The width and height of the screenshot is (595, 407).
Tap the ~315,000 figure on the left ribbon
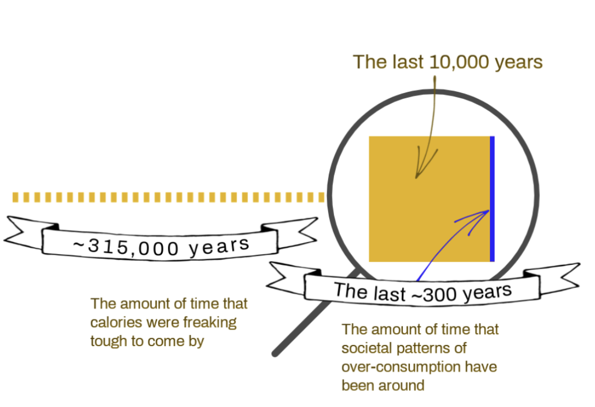coord(125,247)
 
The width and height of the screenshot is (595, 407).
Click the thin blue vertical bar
coord(492,199)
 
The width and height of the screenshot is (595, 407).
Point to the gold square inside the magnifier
coord(430,199)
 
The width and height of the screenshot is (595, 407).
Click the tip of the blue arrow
coord(489,210)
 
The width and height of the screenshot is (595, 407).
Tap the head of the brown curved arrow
coord(416,178)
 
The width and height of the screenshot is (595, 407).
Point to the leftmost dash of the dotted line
coord(15,198)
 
